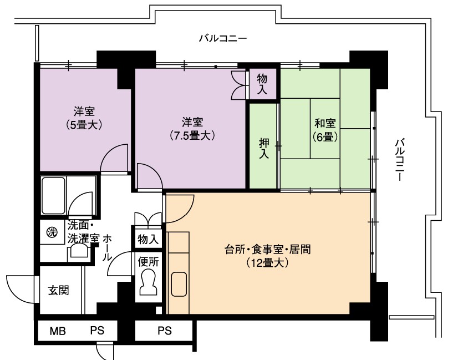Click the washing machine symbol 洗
52,232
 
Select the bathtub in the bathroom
53,195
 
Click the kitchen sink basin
179,285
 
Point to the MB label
58,331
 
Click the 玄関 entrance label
58,291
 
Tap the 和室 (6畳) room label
325,130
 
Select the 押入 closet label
264,149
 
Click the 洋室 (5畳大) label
84,118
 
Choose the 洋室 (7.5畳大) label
192,129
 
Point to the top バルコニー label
223,38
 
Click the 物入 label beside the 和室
262,84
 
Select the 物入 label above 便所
148,239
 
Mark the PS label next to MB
97,331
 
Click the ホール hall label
107,247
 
